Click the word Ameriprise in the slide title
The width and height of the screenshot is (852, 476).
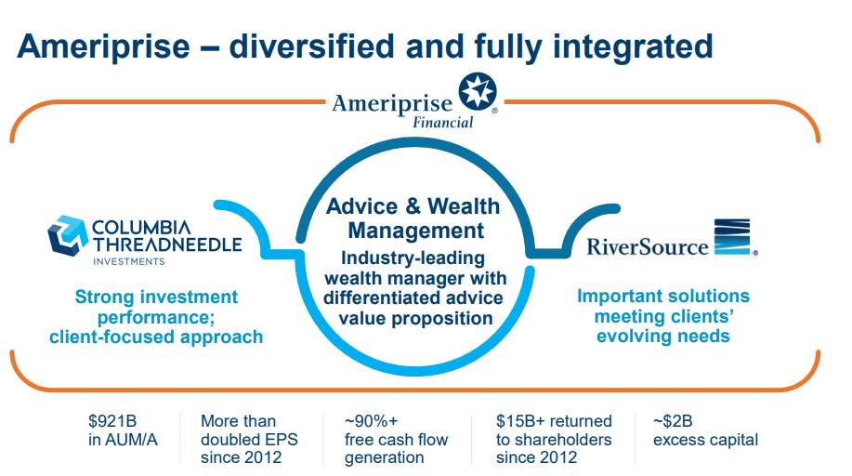[104, 46]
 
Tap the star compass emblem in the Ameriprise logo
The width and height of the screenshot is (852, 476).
[477, 92]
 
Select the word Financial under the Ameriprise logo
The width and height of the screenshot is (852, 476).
[443, 123]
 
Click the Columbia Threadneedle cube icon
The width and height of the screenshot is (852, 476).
[68, 235]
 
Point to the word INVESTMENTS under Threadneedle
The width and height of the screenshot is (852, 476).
[129, 261]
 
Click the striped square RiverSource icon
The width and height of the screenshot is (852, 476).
[732, 237]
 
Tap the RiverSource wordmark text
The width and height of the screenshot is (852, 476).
[648, 247]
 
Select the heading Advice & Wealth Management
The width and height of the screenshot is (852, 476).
[413, 218]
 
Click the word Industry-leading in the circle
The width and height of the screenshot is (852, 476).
[413, 258]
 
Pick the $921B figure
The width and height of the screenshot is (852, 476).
[112, 421]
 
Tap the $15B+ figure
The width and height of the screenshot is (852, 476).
[521, 421]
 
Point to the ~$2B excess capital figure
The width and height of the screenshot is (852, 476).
[705, 430]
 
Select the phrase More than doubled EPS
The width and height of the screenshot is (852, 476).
[249, 430]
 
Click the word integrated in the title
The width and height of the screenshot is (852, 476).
[633, 46]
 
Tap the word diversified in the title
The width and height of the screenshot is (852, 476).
[313, 46]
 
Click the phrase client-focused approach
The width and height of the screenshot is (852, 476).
[156, 337]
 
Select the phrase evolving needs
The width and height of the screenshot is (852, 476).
[662, 337]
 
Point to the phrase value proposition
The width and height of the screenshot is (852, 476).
[415, 319]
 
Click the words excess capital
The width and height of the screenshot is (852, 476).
[705, 440]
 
